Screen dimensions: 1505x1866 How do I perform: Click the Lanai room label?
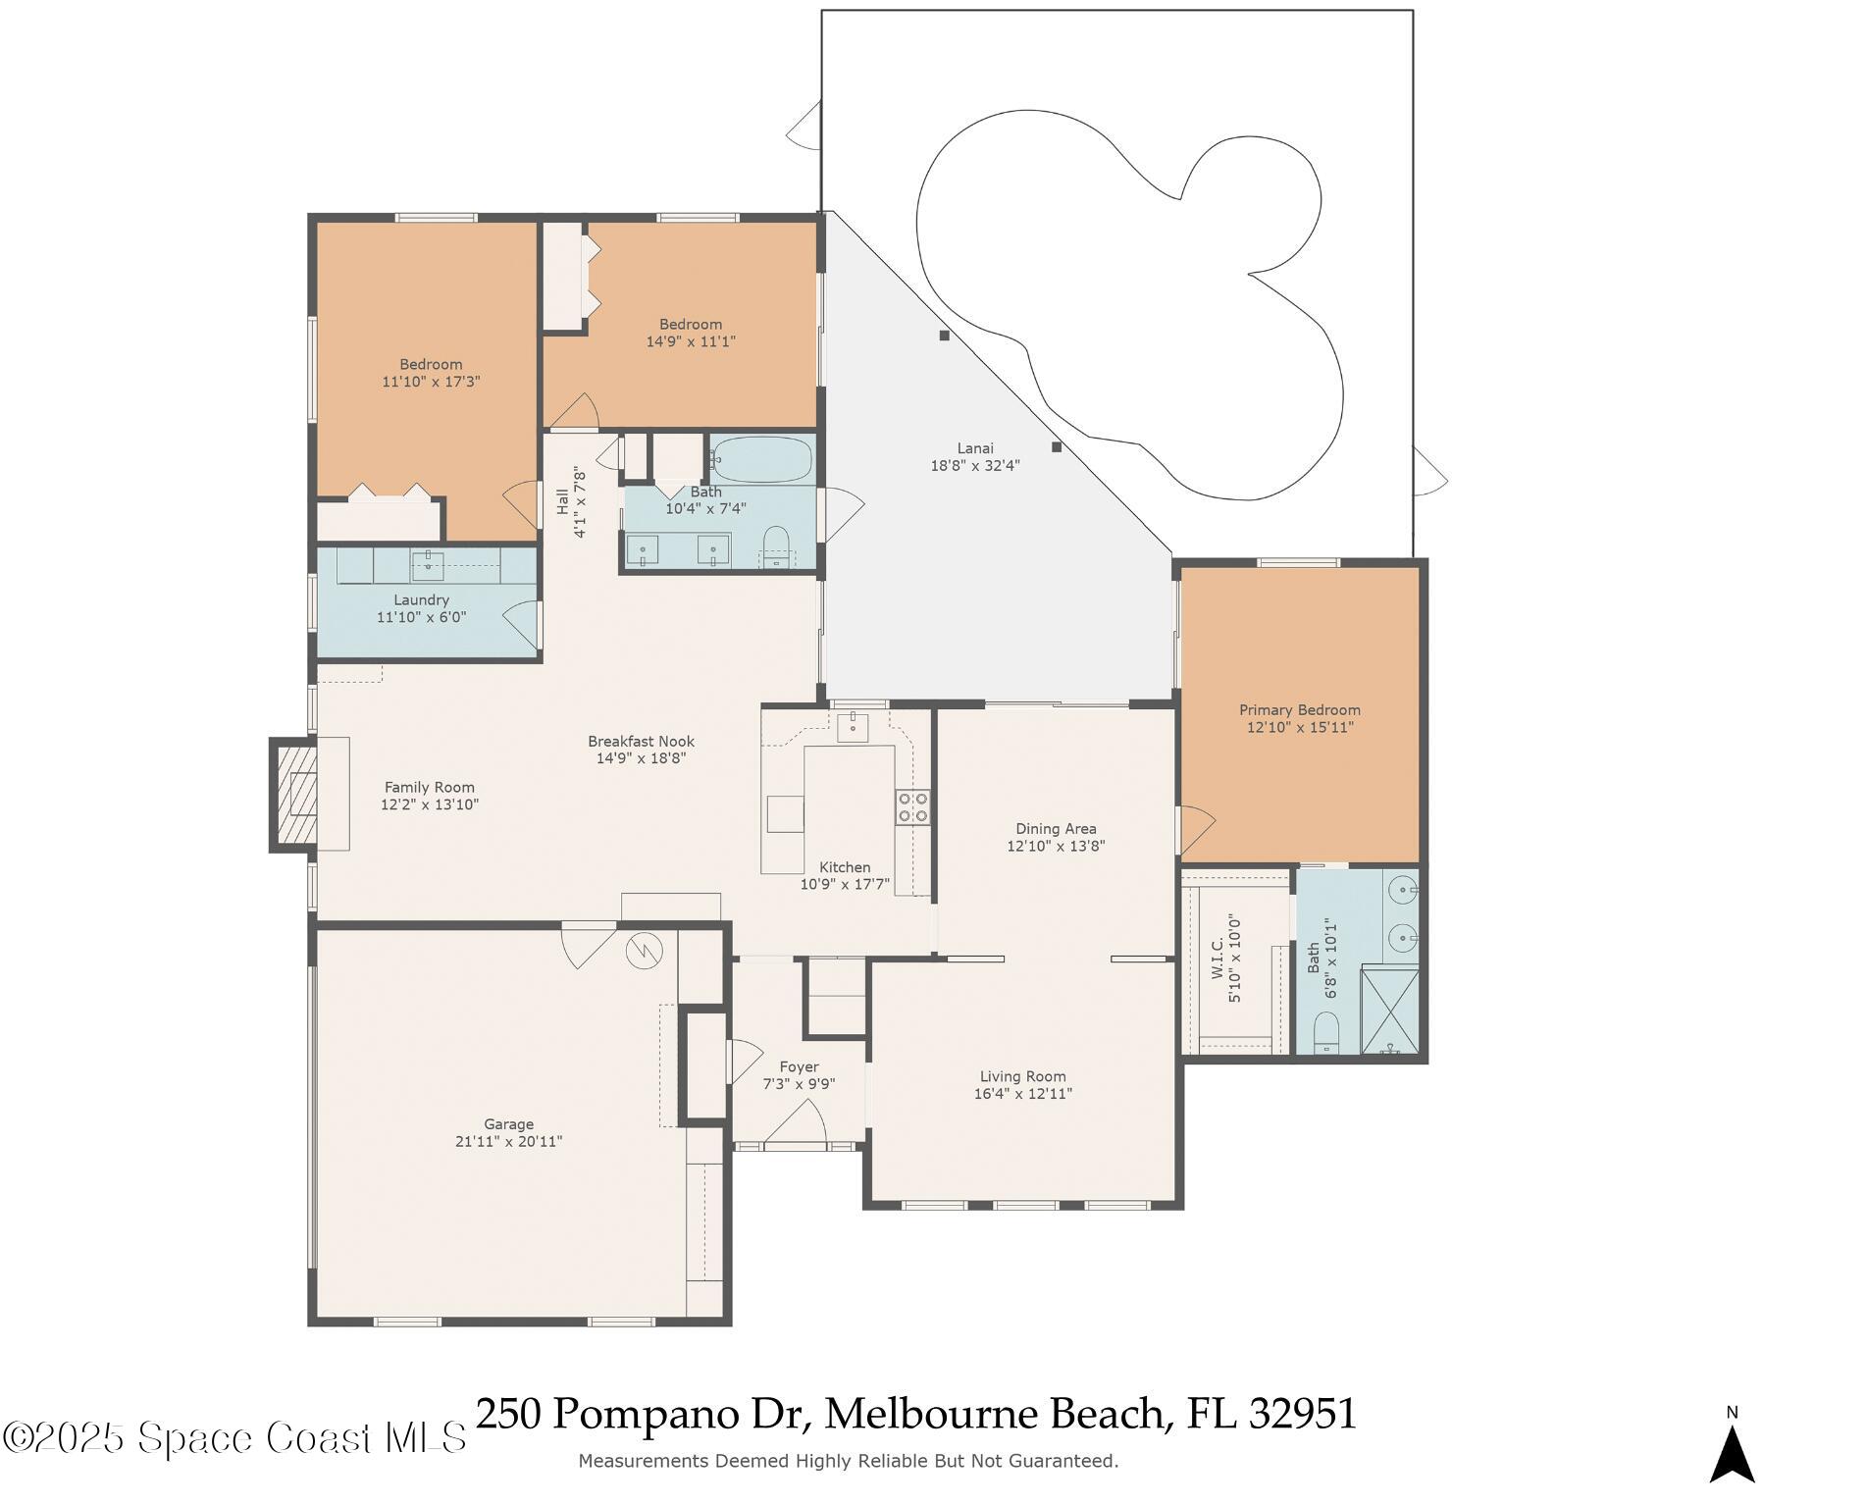tap(974, 448)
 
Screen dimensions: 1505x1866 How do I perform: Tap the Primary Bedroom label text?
tap(1299, 710)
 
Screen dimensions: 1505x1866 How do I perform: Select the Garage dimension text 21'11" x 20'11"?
tap(508, 1142)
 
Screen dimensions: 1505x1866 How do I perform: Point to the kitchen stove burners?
tap(912, 806)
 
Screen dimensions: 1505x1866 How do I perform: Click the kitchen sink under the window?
tap(852, 728)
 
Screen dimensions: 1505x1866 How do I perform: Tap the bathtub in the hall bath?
tap(763, 459)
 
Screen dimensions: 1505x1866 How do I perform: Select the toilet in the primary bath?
tap(1326, 1034)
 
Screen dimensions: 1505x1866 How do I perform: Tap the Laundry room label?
tap(421, 600)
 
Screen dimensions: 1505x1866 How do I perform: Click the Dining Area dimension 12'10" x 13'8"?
tap(1056, 847)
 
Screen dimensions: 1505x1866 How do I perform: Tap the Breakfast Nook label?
tap(641, 742)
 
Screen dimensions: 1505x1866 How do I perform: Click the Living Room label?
tap(1022, 1077)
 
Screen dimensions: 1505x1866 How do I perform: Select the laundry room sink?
tap(428, 563)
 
